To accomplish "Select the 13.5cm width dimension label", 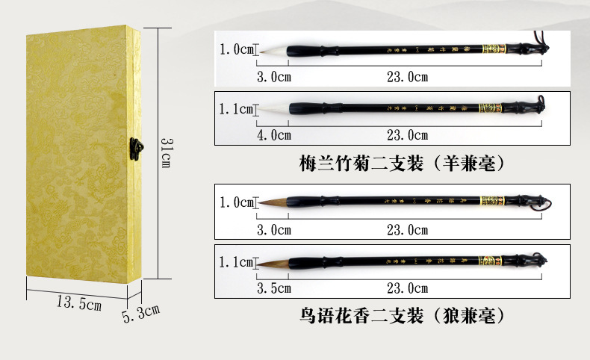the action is click(x=78, y=302).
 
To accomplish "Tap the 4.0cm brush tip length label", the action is click(x=273, y=135).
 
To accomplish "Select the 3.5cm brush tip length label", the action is click(x=273, y=288).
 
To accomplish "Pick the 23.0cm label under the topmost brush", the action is click(x=407, y=77).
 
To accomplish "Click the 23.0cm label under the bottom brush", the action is click(x=407, y=288).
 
